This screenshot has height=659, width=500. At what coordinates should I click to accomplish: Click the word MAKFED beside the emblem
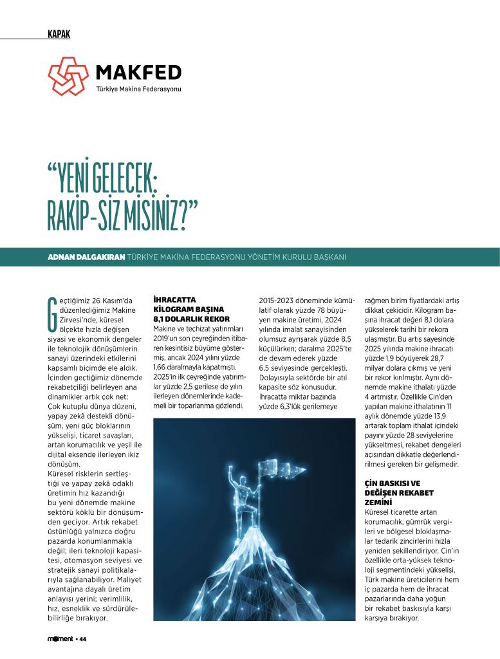tap(138, 71)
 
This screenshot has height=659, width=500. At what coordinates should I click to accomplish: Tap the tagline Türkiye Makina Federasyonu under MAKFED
tap(138, 89)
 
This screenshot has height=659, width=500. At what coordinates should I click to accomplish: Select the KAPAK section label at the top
tap(59, 34)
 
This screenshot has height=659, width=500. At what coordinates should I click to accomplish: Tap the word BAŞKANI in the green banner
tap(329, 257)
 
